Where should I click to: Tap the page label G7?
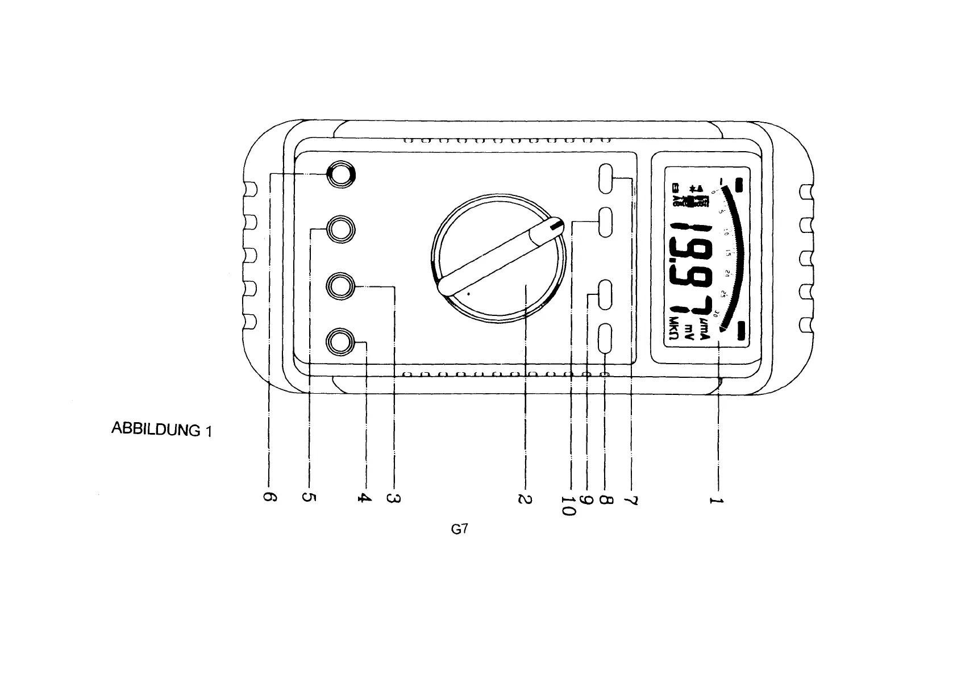459,529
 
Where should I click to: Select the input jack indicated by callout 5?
341,230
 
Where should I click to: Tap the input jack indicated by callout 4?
341,342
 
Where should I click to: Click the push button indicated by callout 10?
606,222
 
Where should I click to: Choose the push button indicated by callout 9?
606,294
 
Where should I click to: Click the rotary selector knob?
498,259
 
